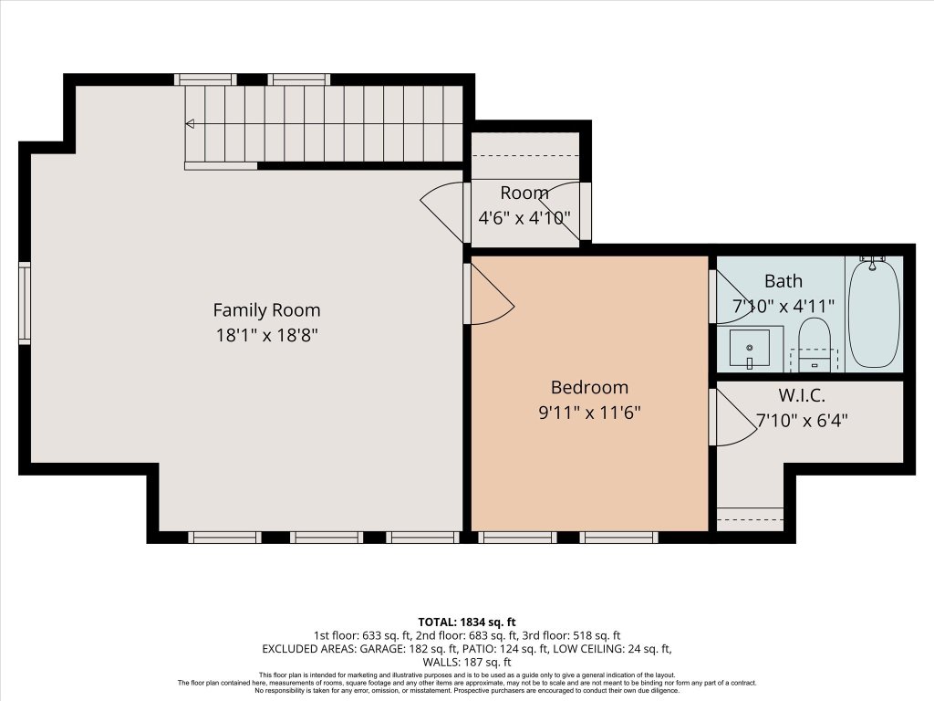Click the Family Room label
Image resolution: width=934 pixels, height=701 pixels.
point(266,309)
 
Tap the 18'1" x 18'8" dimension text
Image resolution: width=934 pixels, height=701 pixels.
point(266,335)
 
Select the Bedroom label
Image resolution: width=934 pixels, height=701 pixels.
point(589,387)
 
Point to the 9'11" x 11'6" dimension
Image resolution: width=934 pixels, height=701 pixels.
point(589,413)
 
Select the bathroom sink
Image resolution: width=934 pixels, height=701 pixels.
point(749,348)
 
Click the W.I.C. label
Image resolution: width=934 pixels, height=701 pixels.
point(803,396)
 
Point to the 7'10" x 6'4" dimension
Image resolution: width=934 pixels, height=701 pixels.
point(803,421)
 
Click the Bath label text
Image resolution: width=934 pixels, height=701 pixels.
point(783,280)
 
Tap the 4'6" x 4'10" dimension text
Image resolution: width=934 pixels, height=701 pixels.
point(524,218)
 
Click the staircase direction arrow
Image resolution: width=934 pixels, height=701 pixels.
point(190,123)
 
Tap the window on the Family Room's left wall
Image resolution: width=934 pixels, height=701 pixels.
point(25,303)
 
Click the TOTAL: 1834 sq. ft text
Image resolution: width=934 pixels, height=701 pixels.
point(466,621)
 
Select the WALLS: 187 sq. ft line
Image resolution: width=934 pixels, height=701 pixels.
point(466,662)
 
